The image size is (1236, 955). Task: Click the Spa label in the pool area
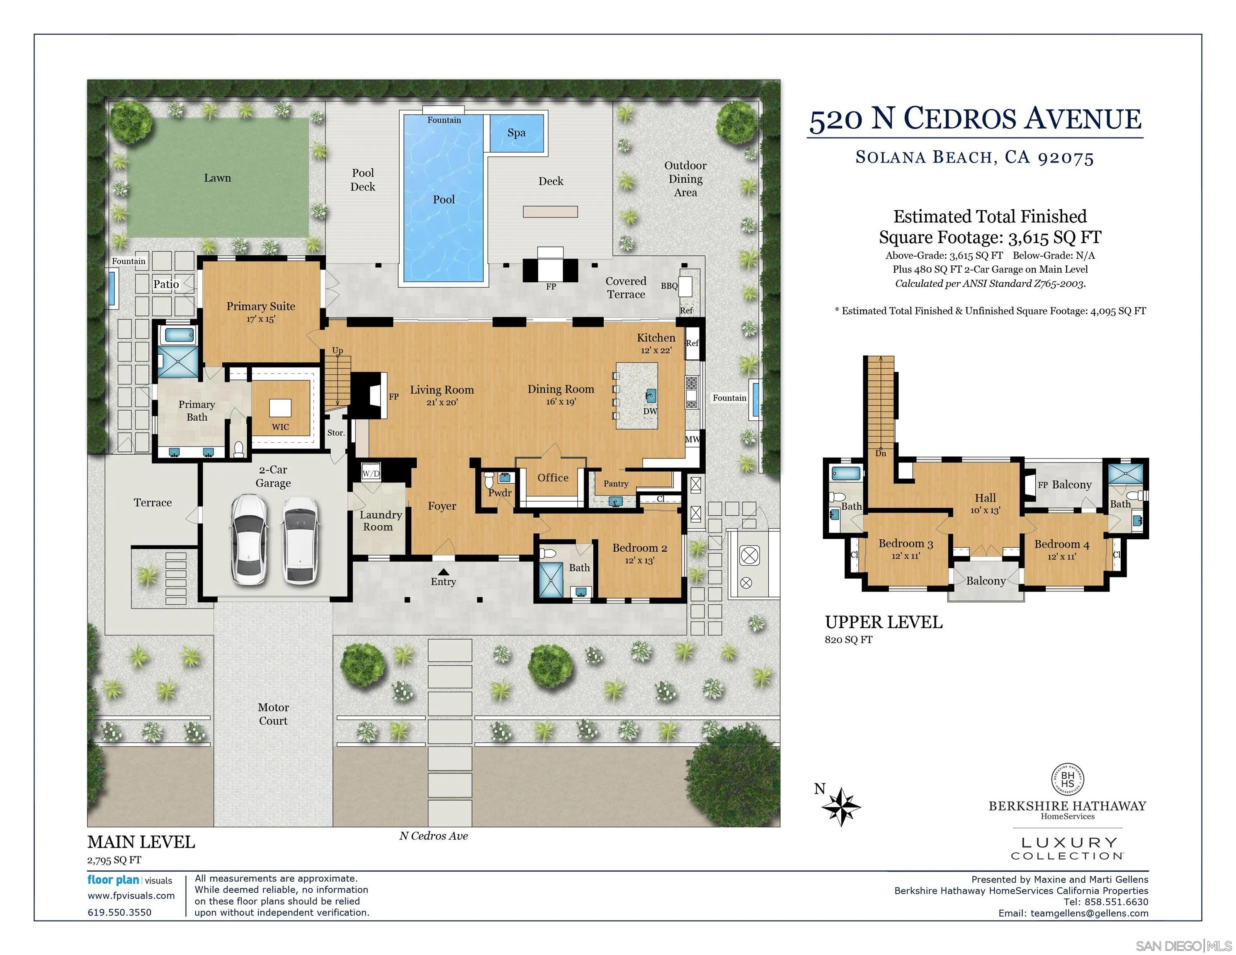(x=516, y=133)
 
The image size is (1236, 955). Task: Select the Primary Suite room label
(x=261, y=306)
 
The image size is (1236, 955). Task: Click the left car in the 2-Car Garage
(x=250, y=539)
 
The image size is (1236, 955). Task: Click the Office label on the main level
(x=553, y=477)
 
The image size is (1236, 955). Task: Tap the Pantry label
(x=616, y=484)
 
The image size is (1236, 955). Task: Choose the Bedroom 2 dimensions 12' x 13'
(x=639, y=561)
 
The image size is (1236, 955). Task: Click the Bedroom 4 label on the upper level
(x=1062, y=544)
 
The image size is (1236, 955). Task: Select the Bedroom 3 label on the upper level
(x=906, y=544)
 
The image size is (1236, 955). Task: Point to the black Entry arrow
(x=444, y=572)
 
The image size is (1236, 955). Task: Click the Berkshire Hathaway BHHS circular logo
(x=1067, y=780)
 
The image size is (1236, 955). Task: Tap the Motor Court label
(x=273, y=714)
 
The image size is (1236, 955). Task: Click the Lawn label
(x=217, y=178)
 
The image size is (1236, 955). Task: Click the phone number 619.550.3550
(x=119, y=912)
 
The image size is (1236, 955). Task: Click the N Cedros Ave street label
(x=434, y=836)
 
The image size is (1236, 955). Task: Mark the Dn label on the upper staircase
(x=881, y=453)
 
